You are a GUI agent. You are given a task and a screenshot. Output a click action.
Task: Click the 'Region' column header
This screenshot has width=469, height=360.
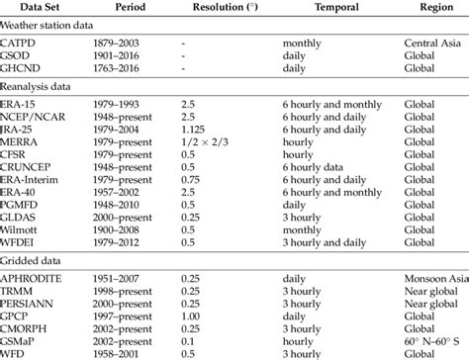(x=426, y=7)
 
